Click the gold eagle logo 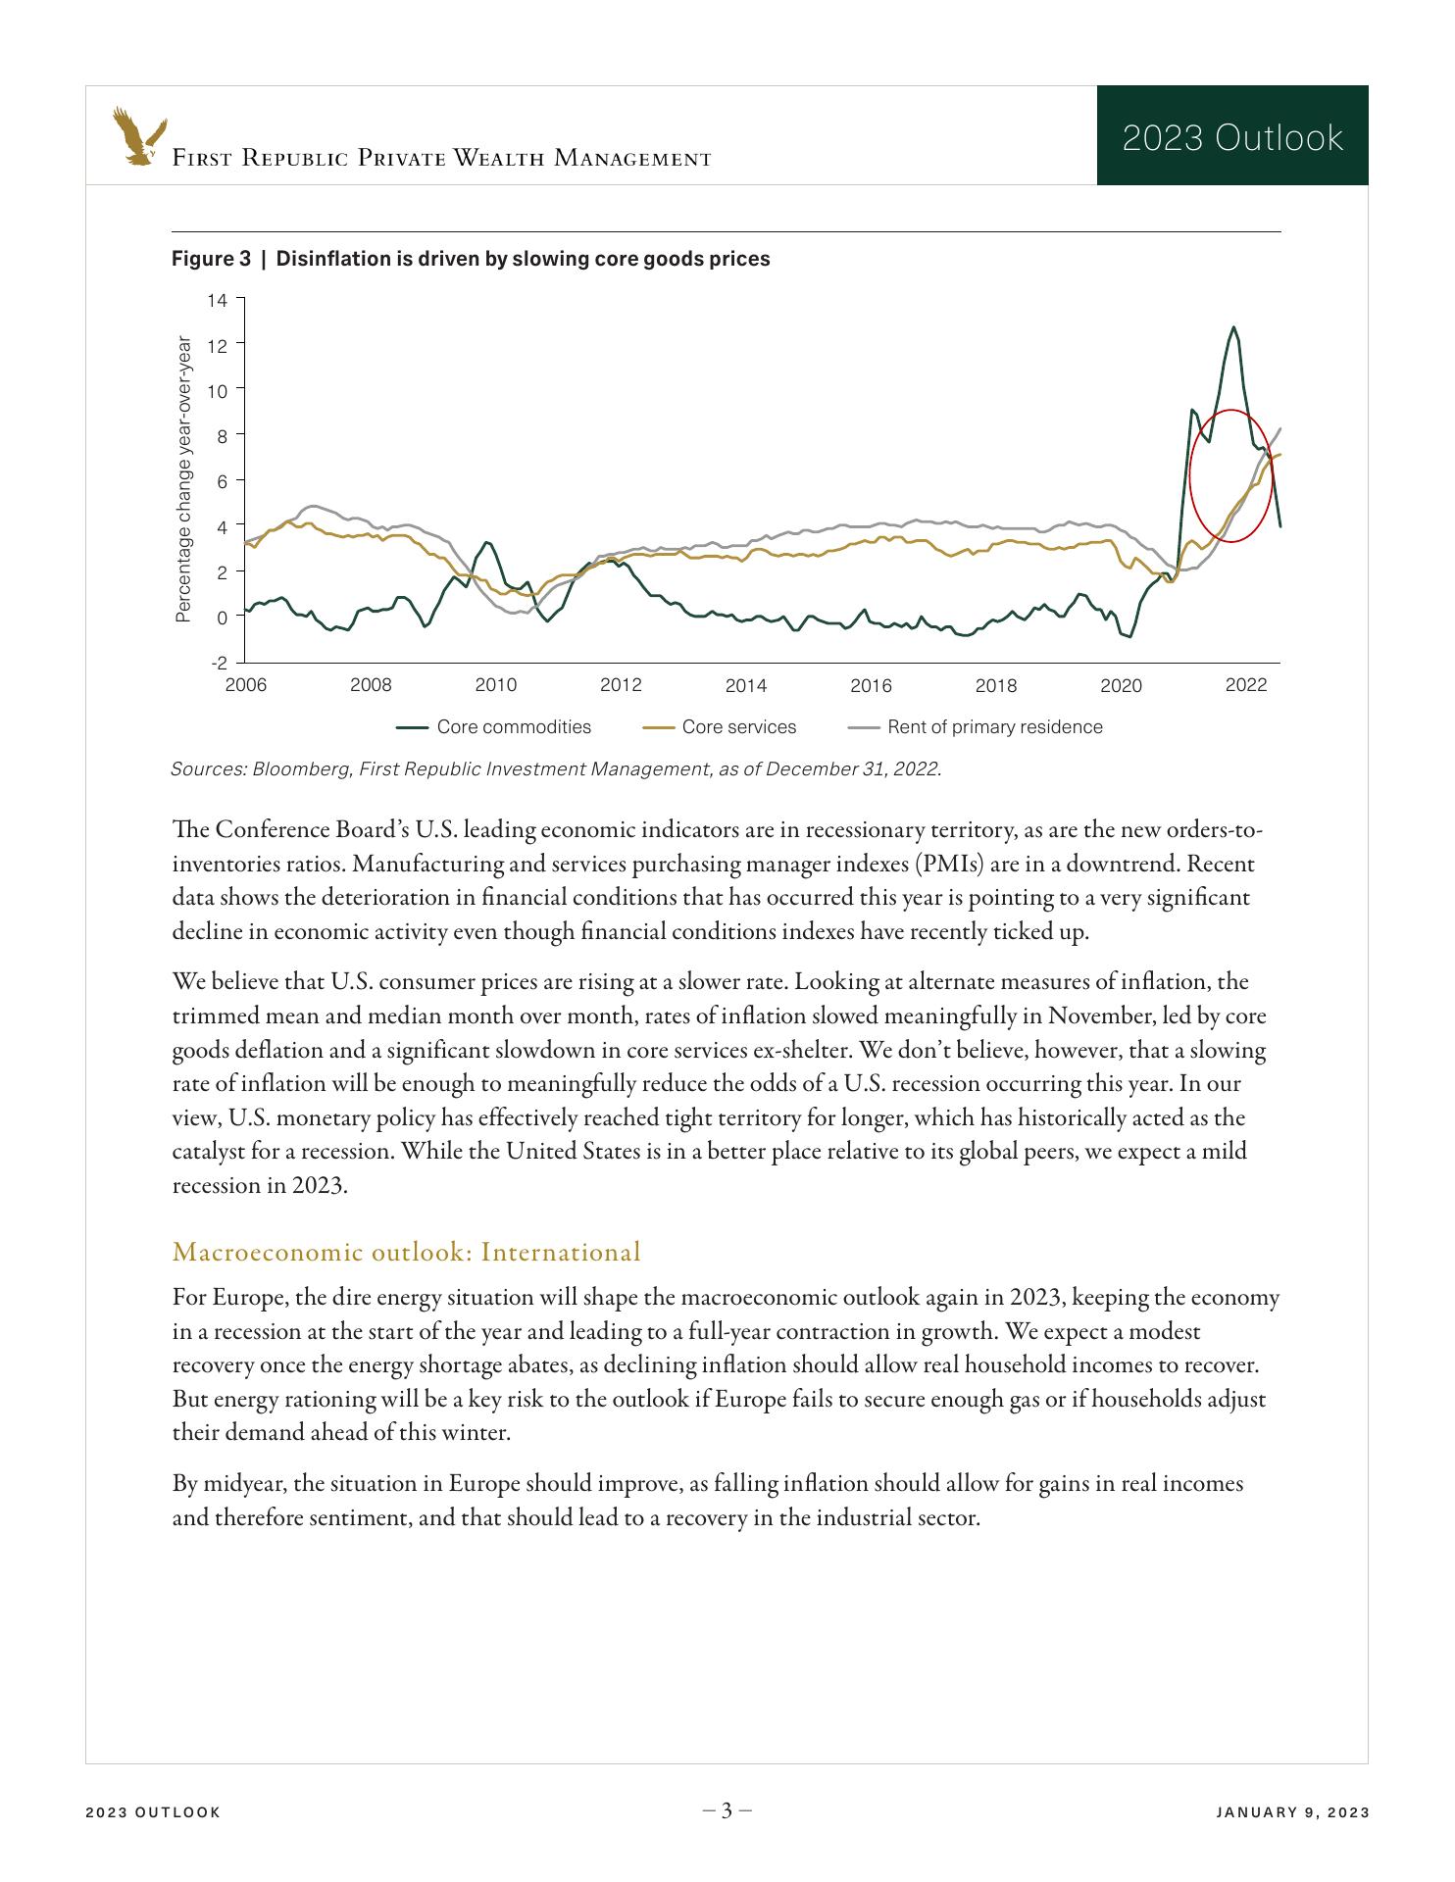(138, 135)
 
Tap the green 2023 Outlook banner (1231, 136)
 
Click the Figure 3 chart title (471, 259)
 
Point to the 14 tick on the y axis (217, 300)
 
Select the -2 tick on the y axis (218, 663)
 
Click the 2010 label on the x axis (495, 685)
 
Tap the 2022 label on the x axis (1245, 685)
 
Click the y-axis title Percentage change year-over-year (183, 478)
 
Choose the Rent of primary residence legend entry (975, 727)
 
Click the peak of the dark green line (1232, 327)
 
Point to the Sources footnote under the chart (556, 768)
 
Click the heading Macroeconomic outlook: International (406, 1252)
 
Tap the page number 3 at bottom (727, 1810)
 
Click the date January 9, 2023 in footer (1291, 1812)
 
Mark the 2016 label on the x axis (871, 685)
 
